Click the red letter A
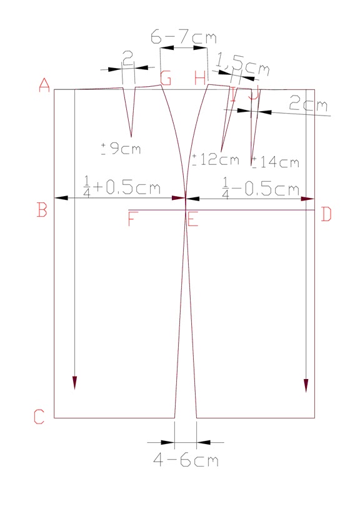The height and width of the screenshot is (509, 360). tap(44, 85)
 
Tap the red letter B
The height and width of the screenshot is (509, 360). tap(42, 210)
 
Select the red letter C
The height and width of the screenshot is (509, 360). tap(39, 417)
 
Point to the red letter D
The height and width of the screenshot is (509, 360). tap(326, 215)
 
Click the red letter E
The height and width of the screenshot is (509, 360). tap(192, 220)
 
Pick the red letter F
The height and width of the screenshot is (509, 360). tap(132, 220)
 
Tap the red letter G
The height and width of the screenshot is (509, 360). tap(166, 79)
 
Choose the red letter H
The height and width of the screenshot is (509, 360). tap(200, 79)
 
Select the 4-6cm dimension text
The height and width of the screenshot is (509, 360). tap(186, 461)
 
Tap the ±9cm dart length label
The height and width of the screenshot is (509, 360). tap(121, 149)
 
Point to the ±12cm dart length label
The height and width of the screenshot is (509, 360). tap(216, 160)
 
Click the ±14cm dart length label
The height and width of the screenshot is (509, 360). tap(275, 162)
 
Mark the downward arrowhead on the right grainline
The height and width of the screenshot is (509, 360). tap(306, 385)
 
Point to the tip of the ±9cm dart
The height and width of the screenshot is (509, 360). tap(130, 137)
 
